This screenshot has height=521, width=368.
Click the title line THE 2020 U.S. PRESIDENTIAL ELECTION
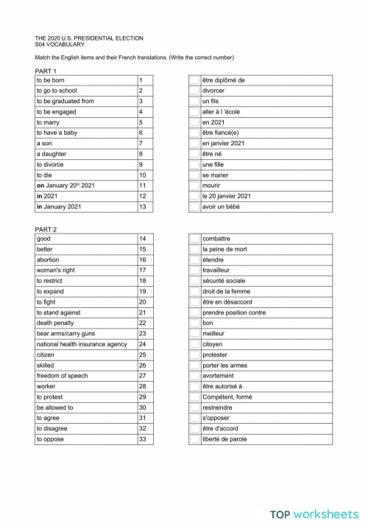point(89,38)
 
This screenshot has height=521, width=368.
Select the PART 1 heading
point(46,71)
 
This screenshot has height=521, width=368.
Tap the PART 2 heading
point(46,229)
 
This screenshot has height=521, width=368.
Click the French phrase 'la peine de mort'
point(225,250)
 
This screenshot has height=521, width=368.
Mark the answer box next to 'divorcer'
point(194,91)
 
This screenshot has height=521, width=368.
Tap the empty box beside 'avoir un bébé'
point(194,206)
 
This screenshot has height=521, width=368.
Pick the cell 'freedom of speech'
point(62,376)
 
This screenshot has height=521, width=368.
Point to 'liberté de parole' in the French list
point(224,439)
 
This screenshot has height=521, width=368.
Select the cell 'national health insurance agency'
point(82,344)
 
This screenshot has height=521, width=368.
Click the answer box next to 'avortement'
point(194,376)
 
